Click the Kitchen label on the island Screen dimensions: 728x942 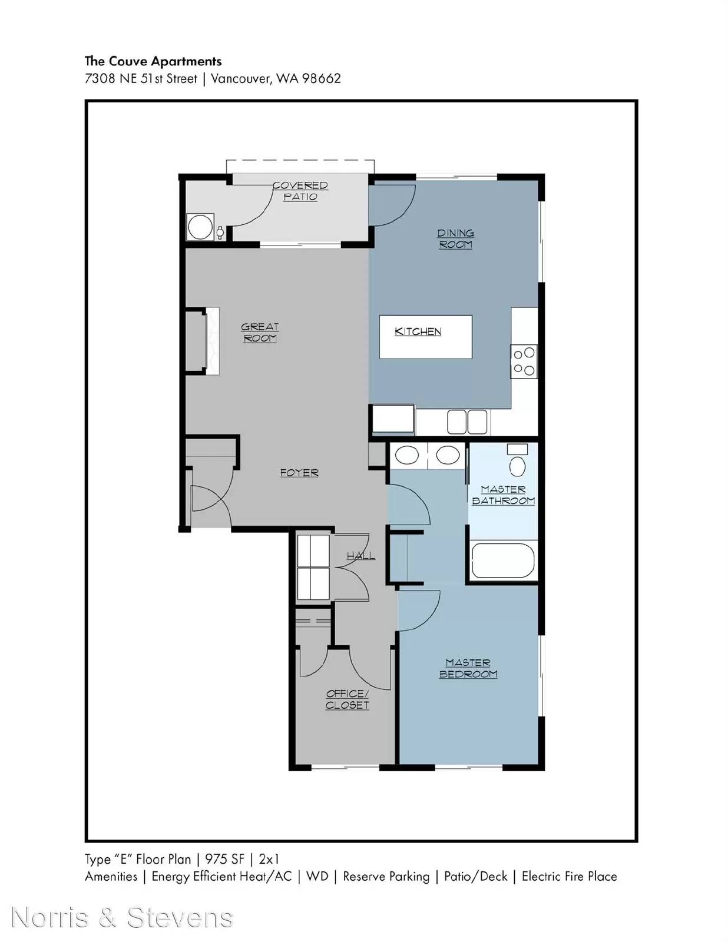tap(418, 331)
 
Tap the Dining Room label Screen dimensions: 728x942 tap(455, 239)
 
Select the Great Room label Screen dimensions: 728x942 tap(260, 333)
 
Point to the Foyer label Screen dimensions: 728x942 tap(299, 473)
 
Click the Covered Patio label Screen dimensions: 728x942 tap(300, 191)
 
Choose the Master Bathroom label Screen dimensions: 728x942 tap(503, 495)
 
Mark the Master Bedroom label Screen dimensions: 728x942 tap(468, 668)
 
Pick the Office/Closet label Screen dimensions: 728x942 tap(348, 699)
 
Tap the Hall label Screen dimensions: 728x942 tap(360, 556)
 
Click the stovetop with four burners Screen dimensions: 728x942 tap(524, 361)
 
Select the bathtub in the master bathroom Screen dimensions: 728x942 tap(503, 561)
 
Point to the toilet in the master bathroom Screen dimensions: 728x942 tap(517, 460)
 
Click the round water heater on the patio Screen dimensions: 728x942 tap(200, 226)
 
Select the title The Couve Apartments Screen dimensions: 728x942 tap(153, 61)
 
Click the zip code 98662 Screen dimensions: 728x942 tap(321, 78)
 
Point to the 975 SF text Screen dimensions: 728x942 tap(224, 859)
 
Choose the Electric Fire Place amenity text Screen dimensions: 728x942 tap(570, 877)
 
